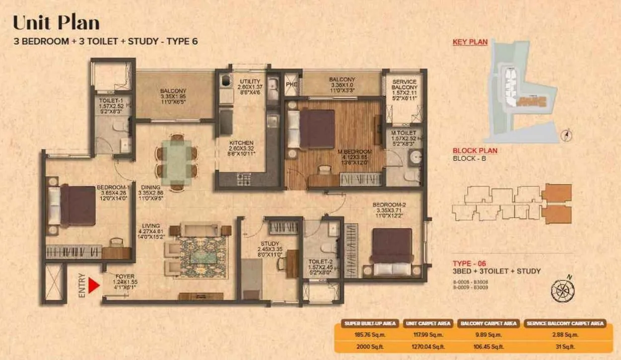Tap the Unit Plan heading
(x=56, y=23)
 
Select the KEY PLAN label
(x=470, y=42)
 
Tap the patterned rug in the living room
(x=202, y=257)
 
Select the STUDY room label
(x=270, y=243)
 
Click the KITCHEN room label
(x=241, y=143)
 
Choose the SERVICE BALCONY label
(x=404, y=85)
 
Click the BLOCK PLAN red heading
(x=475, y=151)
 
